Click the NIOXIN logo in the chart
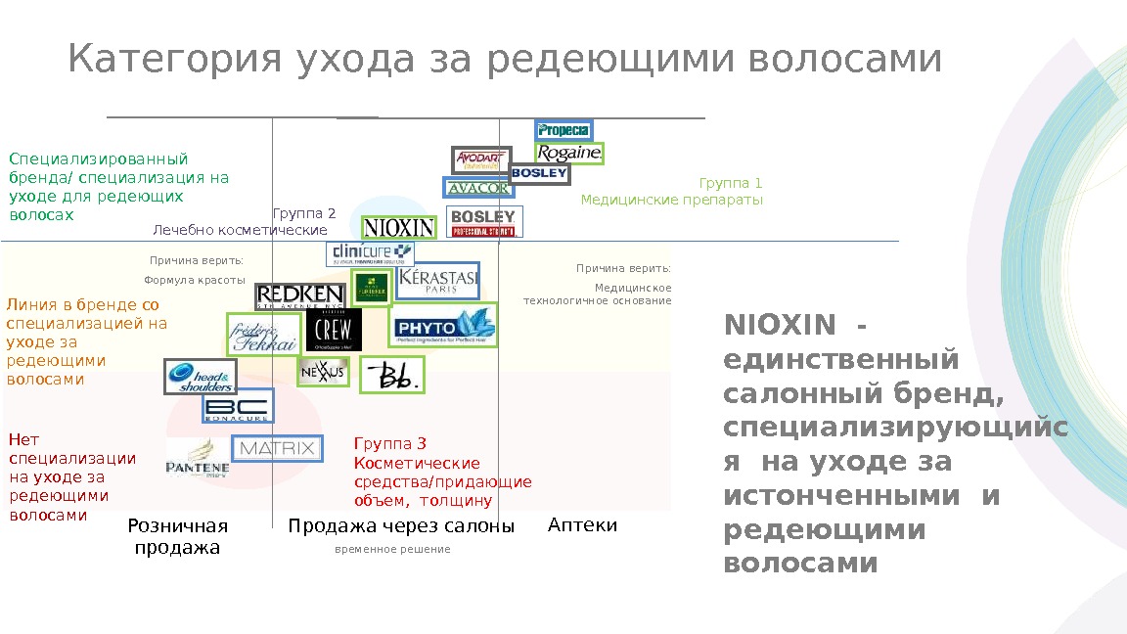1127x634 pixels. coord(399,228)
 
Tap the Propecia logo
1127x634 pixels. coord(563,130)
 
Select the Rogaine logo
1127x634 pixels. coord(568,154)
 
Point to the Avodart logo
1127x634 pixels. coord(481,159)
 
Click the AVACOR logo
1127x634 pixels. coord(477,188)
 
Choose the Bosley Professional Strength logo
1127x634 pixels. coord(484,221)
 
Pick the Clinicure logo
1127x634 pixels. coord(370,253)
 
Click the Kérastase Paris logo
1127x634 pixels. coord(437,281)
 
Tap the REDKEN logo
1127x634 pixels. coord(299,295)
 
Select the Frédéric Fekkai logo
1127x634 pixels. coord(262,335)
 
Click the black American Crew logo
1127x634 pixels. coord(334,330)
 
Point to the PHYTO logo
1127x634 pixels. coord(443,326)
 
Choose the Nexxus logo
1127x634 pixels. coord(323,372)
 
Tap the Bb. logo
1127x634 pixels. coord(392,375)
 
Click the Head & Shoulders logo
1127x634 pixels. coord(201,377)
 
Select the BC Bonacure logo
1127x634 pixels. coord(238,406)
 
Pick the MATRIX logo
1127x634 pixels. coord(277,449)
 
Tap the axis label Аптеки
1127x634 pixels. coord(583,525)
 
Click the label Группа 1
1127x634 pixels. coord(730,183)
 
